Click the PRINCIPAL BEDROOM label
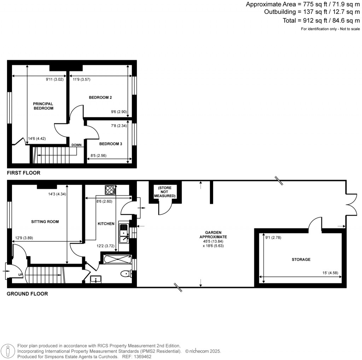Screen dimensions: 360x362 [x=43, y=106]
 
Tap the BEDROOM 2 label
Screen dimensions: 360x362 [x=100, y=97]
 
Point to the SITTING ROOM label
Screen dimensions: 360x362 [x=45, y=222]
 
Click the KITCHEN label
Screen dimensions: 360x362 [x=106, y=224]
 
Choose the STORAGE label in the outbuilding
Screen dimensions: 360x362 [x=301, y=260]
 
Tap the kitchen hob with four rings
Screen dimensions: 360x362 [x=110, y=190]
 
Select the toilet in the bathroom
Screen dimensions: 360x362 [x=125, y=273]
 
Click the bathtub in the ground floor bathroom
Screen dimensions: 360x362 [x=116, y=259]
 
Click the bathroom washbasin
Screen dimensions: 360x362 [x=95, y=279]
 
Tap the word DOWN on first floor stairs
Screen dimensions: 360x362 [x=76, y=145]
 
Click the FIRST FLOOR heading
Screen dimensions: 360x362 [x=24, y=173]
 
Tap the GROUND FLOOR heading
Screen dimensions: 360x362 [x=27, y=294]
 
